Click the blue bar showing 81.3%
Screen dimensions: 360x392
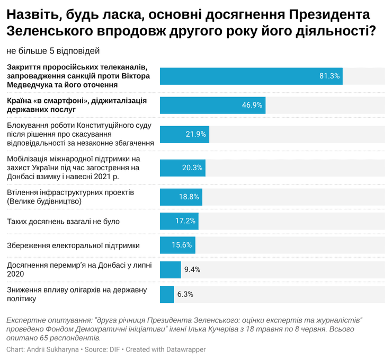tap(251, 76)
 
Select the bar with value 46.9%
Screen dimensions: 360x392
tap(212, 105)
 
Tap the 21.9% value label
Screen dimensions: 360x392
tap(195, 134)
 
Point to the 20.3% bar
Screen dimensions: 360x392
tap(182, 168)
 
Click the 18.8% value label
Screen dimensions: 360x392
tap(189, 197)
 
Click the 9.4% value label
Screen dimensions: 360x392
tap(192, 269)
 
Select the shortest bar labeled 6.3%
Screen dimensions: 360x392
tap(167, 294)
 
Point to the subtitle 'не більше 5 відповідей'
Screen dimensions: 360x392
tap(53, 51)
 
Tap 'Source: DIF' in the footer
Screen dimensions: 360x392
tap(104, 349)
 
